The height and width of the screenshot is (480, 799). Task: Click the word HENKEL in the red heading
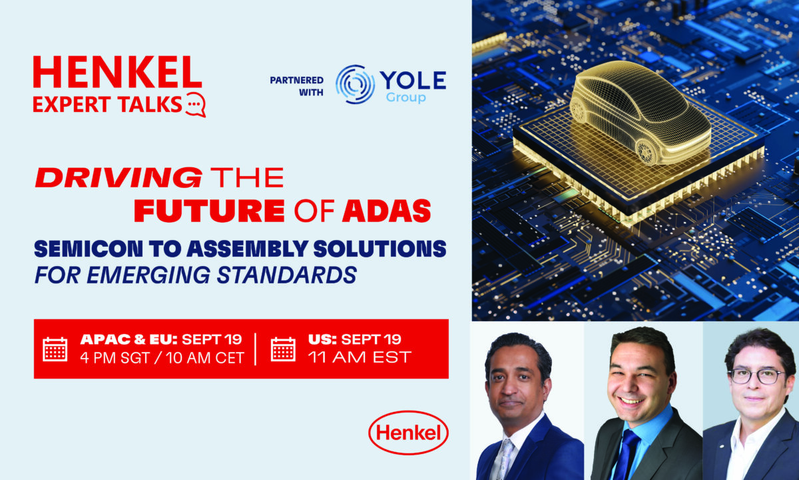118,72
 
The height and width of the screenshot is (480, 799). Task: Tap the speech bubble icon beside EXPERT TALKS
196,104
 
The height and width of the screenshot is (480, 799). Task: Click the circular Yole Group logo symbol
354,85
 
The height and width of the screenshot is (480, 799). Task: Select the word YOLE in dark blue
413,81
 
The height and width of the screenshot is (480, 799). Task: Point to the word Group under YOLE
406,97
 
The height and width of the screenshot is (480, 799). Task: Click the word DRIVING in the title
119,177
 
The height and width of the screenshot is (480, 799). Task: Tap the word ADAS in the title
387,211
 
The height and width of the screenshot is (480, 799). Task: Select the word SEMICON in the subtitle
89,249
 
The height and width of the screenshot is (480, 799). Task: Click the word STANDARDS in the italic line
287,275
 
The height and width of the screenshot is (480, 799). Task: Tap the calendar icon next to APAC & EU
55,349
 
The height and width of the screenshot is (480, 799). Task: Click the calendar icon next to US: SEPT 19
283,349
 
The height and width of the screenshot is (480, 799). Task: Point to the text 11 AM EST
360,357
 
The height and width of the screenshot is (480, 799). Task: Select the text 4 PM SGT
115,358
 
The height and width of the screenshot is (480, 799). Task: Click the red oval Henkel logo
408,433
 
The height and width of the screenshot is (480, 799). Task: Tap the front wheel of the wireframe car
646,153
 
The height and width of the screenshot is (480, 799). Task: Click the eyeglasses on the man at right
756,376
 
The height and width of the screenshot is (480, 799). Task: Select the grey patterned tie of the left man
505,459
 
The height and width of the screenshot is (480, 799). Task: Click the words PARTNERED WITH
297,86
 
